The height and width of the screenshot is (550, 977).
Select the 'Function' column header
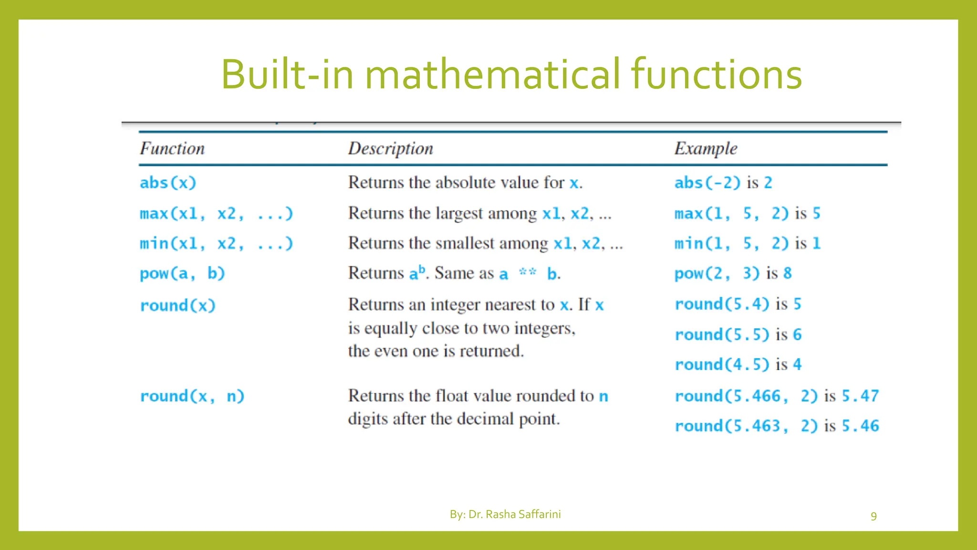[172, 148]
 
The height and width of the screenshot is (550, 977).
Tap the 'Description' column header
[390, 148]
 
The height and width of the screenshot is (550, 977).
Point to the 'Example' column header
[706, 148]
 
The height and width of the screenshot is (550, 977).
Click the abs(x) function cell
[168, 183]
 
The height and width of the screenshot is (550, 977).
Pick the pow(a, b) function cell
[182, 274]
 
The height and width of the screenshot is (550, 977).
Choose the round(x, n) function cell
[192, 396]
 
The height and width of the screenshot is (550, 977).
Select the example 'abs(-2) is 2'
[723, 183]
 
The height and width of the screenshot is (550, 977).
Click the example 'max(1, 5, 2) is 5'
[747, 213]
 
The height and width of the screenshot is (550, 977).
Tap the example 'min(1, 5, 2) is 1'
[747, 243]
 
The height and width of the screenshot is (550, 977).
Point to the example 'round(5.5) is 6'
[738, 335]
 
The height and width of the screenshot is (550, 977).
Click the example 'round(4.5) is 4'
[738, 365]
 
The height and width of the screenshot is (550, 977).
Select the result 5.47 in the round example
[860, 396]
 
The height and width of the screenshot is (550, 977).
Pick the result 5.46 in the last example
[860, 426]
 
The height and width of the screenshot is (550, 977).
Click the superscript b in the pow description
[422, 269]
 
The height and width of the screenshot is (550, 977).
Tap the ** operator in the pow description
[527, 272]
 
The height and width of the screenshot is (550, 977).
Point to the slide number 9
[873, 516]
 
